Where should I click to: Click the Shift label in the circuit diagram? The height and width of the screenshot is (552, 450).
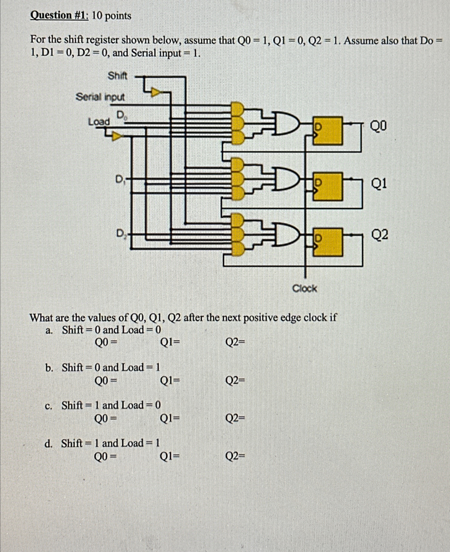tap(117, 76)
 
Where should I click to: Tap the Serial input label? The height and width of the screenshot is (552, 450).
tap(100, 98)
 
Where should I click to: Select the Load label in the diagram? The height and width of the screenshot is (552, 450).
tap(99, 122)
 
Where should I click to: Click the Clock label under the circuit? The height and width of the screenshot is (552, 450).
tap(305, 288)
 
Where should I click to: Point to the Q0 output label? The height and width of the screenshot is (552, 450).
tap(379, 127)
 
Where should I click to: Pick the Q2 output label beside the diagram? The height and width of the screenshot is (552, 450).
tap(380, 235)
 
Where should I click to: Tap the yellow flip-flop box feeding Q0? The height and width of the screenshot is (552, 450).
tap(328, 131)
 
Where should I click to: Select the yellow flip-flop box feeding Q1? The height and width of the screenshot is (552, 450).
tap(328, 187)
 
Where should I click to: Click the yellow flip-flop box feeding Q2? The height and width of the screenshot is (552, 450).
tap(328, 242)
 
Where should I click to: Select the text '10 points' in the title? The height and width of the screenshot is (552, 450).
tap(112, 16)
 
